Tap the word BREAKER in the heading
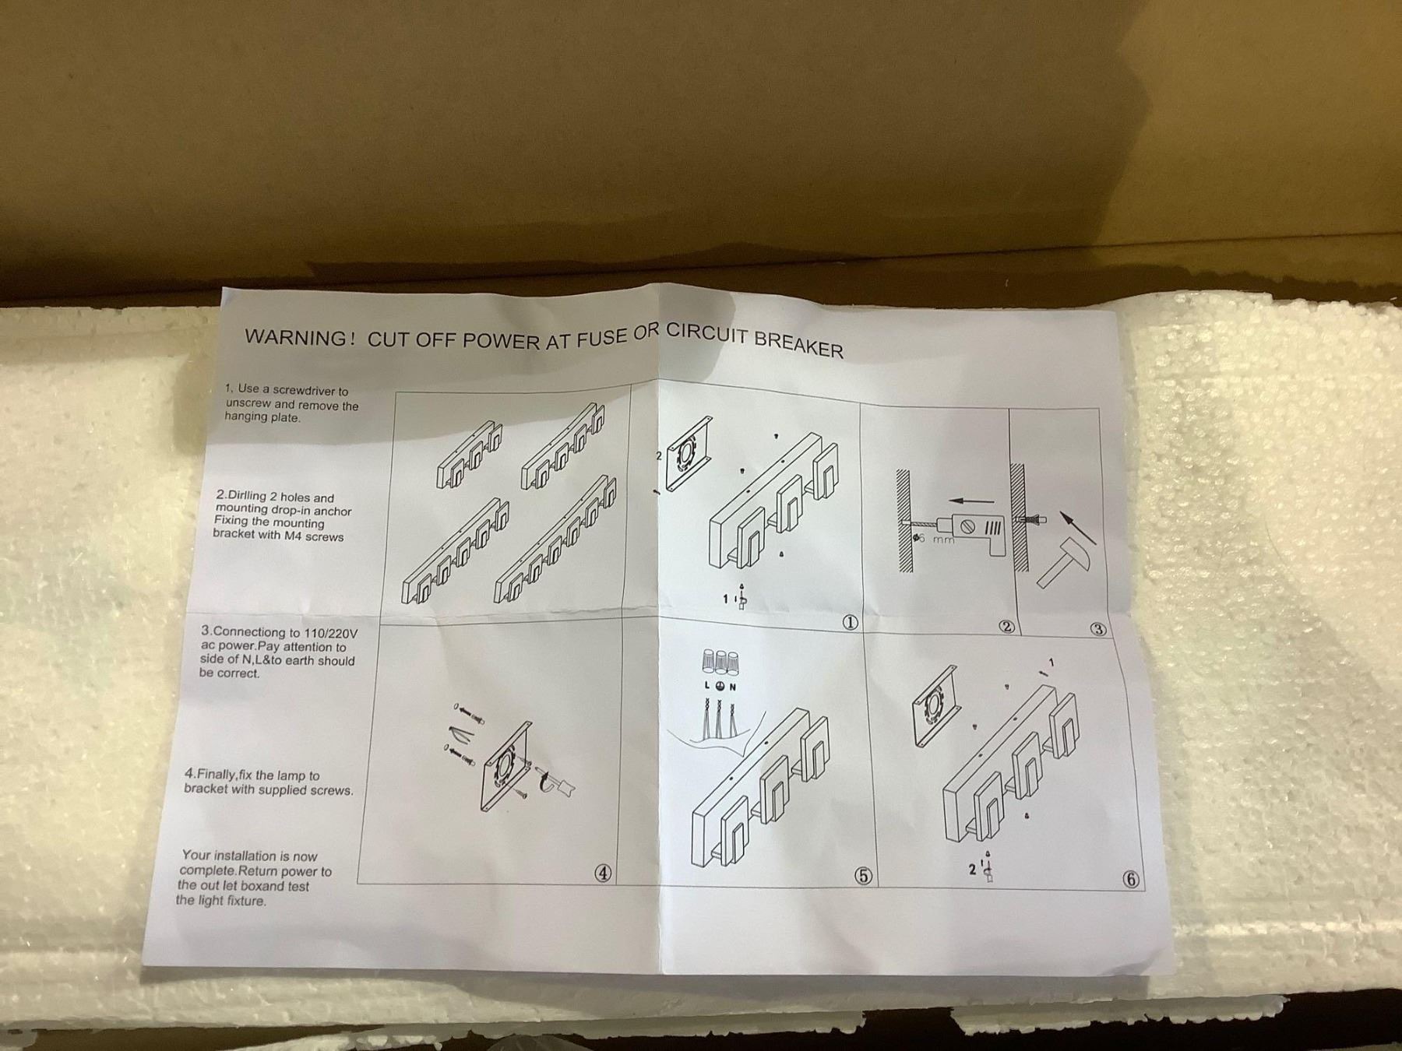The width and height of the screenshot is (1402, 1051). coord(799,345)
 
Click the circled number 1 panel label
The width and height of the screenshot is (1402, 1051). coord(851,623)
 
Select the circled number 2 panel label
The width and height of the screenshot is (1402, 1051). coord(1006,626)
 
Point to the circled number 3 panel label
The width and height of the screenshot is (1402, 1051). coord(1098,629)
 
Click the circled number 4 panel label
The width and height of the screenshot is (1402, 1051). coord(603,873)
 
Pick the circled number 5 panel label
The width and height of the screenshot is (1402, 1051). coord(863,876)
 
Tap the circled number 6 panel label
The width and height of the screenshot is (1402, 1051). coord(1131,880)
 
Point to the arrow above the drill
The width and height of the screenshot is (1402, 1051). coord(972,501)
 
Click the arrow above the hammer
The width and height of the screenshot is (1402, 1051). coord(1079,527)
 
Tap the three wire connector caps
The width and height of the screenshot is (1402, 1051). coord(720,662)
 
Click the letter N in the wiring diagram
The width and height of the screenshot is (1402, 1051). coord(733,687)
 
